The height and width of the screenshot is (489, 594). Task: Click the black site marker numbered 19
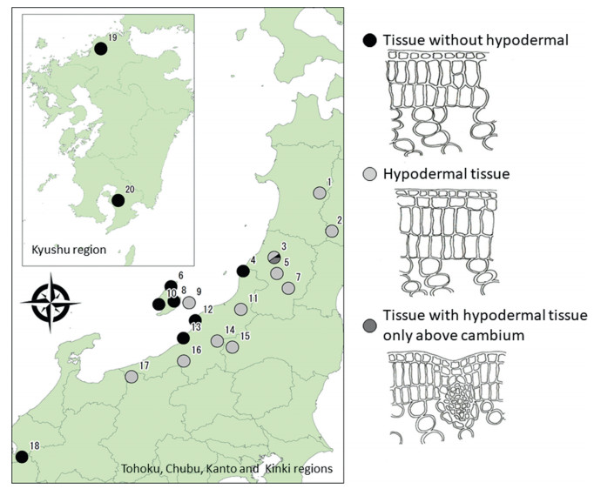(101, 49)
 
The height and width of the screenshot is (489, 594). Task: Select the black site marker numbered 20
(118, 200)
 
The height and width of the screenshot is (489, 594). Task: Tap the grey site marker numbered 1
(319, 193)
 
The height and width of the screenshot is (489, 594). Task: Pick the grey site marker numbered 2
(331, 231)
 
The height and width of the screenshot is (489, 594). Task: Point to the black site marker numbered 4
(243, 271)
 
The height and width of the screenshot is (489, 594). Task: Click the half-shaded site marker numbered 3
(273, 258)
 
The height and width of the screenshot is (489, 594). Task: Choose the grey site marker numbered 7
(287, 288)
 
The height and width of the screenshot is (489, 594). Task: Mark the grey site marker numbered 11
(241, 309)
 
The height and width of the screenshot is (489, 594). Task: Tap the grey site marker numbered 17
(131, 377)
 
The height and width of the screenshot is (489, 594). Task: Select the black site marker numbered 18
(22, 457)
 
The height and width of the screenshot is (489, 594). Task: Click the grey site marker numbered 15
(232, 346)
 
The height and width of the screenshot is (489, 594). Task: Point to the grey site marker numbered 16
(183, 360)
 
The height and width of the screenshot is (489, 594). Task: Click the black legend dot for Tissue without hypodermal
(369, 39)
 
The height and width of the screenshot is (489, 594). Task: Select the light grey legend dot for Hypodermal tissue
(369, 174)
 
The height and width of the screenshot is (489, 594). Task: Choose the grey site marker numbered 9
(189, 304)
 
